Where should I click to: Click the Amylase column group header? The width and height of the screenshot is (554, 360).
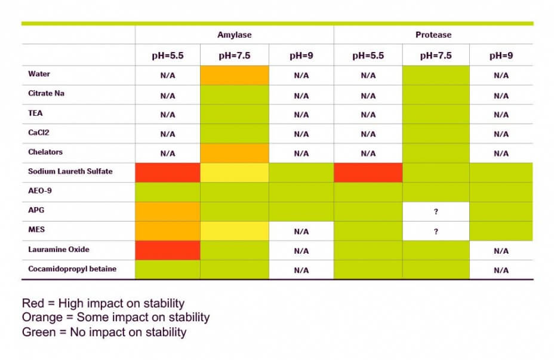(x=234, y=35)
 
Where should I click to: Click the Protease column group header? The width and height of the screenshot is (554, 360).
(x=433, y=35)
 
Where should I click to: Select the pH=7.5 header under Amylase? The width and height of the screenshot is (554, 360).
(x=234, y=56)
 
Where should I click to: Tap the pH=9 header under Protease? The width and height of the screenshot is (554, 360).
(x=501, y=56)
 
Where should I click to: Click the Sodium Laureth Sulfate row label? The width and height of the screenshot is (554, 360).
(x=70, y=171)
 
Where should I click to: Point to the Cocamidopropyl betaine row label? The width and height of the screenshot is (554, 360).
(x=72, y=269)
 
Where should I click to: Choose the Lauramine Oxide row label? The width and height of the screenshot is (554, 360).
(x=59, y=250)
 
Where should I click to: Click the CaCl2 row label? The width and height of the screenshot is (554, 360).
(x=39, y=133)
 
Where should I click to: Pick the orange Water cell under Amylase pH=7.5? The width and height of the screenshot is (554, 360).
(x=235, y=75)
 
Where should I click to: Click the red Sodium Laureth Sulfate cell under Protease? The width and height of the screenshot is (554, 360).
(x=368, y=173)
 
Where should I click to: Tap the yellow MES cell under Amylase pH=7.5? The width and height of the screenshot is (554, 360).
(x=235, y=231)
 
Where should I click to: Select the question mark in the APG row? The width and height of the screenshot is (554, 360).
(x=436, y=211)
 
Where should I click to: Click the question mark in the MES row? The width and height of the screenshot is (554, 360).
(x=436, y=232)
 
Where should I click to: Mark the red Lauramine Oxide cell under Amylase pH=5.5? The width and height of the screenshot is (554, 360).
(x=168, y=251)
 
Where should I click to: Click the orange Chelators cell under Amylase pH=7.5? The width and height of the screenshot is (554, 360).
(x=235, y=153)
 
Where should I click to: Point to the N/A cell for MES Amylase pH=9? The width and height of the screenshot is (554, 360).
(x=301, y=232)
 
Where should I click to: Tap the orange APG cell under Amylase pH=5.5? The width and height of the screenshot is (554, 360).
(x=168, y=211)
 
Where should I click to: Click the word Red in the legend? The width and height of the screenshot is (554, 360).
(x=33, y=303)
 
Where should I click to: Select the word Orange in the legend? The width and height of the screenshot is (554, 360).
(x=42, y=318)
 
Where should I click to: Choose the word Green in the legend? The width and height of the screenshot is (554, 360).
(x=39, y=332)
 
